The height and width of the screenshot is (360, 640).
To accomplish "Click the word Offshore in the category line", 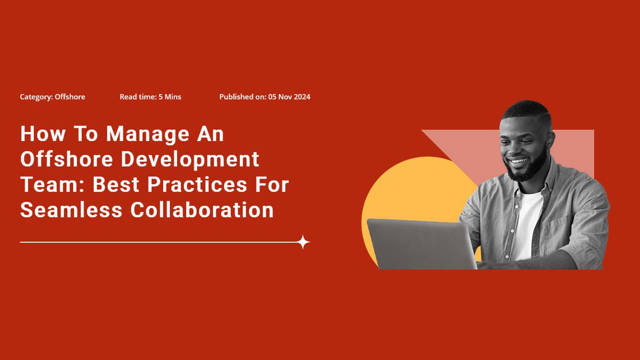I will pos(70,97).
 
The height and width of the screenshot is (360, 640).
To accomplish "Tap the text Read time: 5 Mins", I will pos(150,97).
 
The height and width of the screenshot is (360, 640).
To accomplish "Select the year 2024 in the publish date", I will pos(302,97).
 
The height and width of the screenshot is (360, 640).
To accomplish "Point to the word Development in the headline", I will pos(190,159).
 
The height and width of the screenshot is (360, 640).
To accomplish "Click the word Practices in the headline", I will pos(199,185).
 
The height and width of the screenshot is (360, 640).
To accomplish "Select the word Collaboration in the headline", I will pos(202,210).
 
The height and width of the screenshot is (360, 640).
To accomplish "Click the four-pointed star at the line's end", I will pos(303,242).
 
